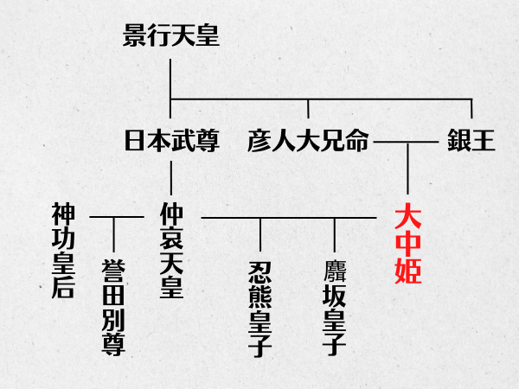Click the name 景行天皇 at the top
pos(171,37)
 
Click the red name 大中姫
pos(407,245)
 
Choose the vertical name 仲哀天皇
pos(171,252)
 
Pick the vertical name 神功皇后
pos(63,251)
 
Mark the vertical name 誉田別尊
pos(113,306)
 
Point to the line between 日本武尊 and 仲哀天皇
pos(171,177)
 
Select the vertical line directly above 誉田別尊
pos(113,235)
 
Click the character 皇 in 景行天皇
pos(206,37)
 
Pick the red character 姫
pos(407,272)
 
